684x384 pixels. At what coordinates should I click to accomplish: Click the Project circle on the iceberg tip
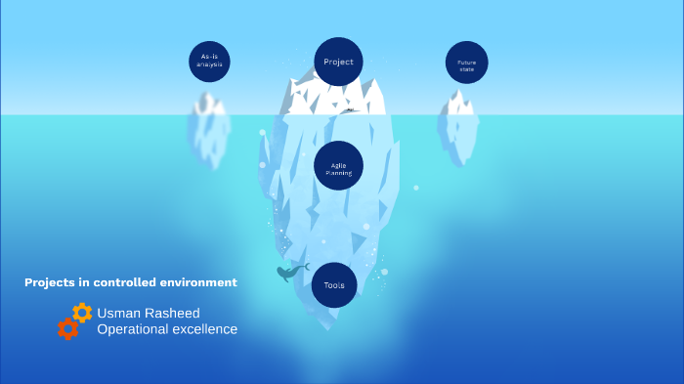pos(338,62)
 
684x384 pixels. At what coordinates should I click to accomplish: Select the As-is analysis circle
pos(209,62)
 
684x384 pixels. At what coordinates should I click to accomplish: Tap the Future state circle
pos(466,63)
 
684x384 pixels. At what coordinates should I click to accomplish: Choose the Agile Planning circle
pos(338,166)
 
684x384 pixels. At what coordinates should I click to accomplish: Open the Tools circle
pos(334,285)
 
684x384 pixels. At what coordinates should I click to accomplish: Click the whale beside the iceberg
pos(290,273)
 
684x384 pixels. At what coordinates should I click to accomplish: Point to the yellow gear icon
pos(82,313)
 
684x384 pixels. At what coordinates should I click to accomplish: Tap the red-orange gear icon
pos(67,329)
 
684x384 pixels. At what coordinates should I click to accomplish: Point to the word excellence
pos(205,329)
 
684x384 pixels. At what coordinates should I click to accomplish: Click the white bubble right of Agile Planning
pos(416,188)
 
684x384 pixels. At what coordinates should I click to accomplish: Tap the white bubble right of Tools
pos(384,272)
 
